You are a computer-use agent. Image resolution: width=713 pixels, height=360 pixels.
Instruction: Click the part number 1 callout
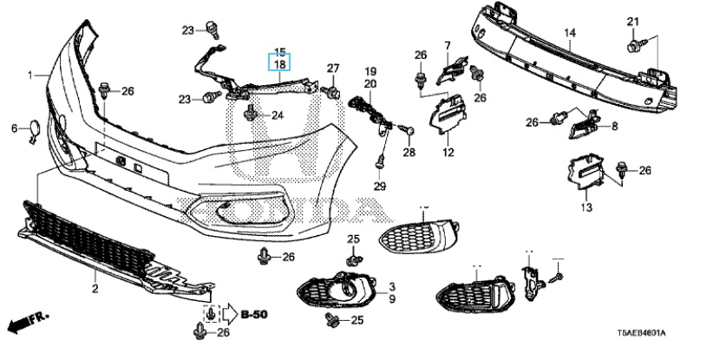30,75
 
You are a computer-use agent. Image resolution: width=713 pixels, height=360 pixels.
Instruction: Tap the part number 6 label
14,128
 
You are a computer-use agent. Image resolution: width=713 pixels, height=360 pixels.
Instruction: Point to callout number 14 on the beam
570,35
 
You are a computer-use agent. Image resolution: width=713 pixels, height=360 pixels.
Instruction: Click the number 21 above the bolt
632,22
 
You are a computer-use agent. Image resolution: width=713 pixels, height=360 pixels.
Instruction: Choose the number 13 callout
585,208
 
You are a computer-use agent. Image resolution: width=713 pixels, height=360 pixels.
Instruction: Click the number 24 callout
277,115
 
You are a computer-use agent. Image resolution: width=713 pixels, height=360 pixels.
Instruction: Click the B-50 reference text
254,314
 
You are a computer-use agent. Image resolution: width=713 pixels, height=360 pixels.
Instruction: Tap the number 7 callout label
448,45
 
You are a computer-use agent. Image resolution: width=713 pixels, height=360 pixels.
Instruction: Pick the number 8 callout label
614,127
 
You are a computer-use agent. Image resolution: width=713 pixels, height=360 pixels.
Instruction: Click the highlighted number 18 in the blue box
280,64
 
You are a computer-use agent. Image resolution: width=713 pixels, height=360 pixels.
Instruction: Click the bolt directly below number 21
632,40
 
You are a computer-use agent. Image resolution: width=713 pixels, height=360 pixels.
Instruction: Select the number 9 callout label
391,298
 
